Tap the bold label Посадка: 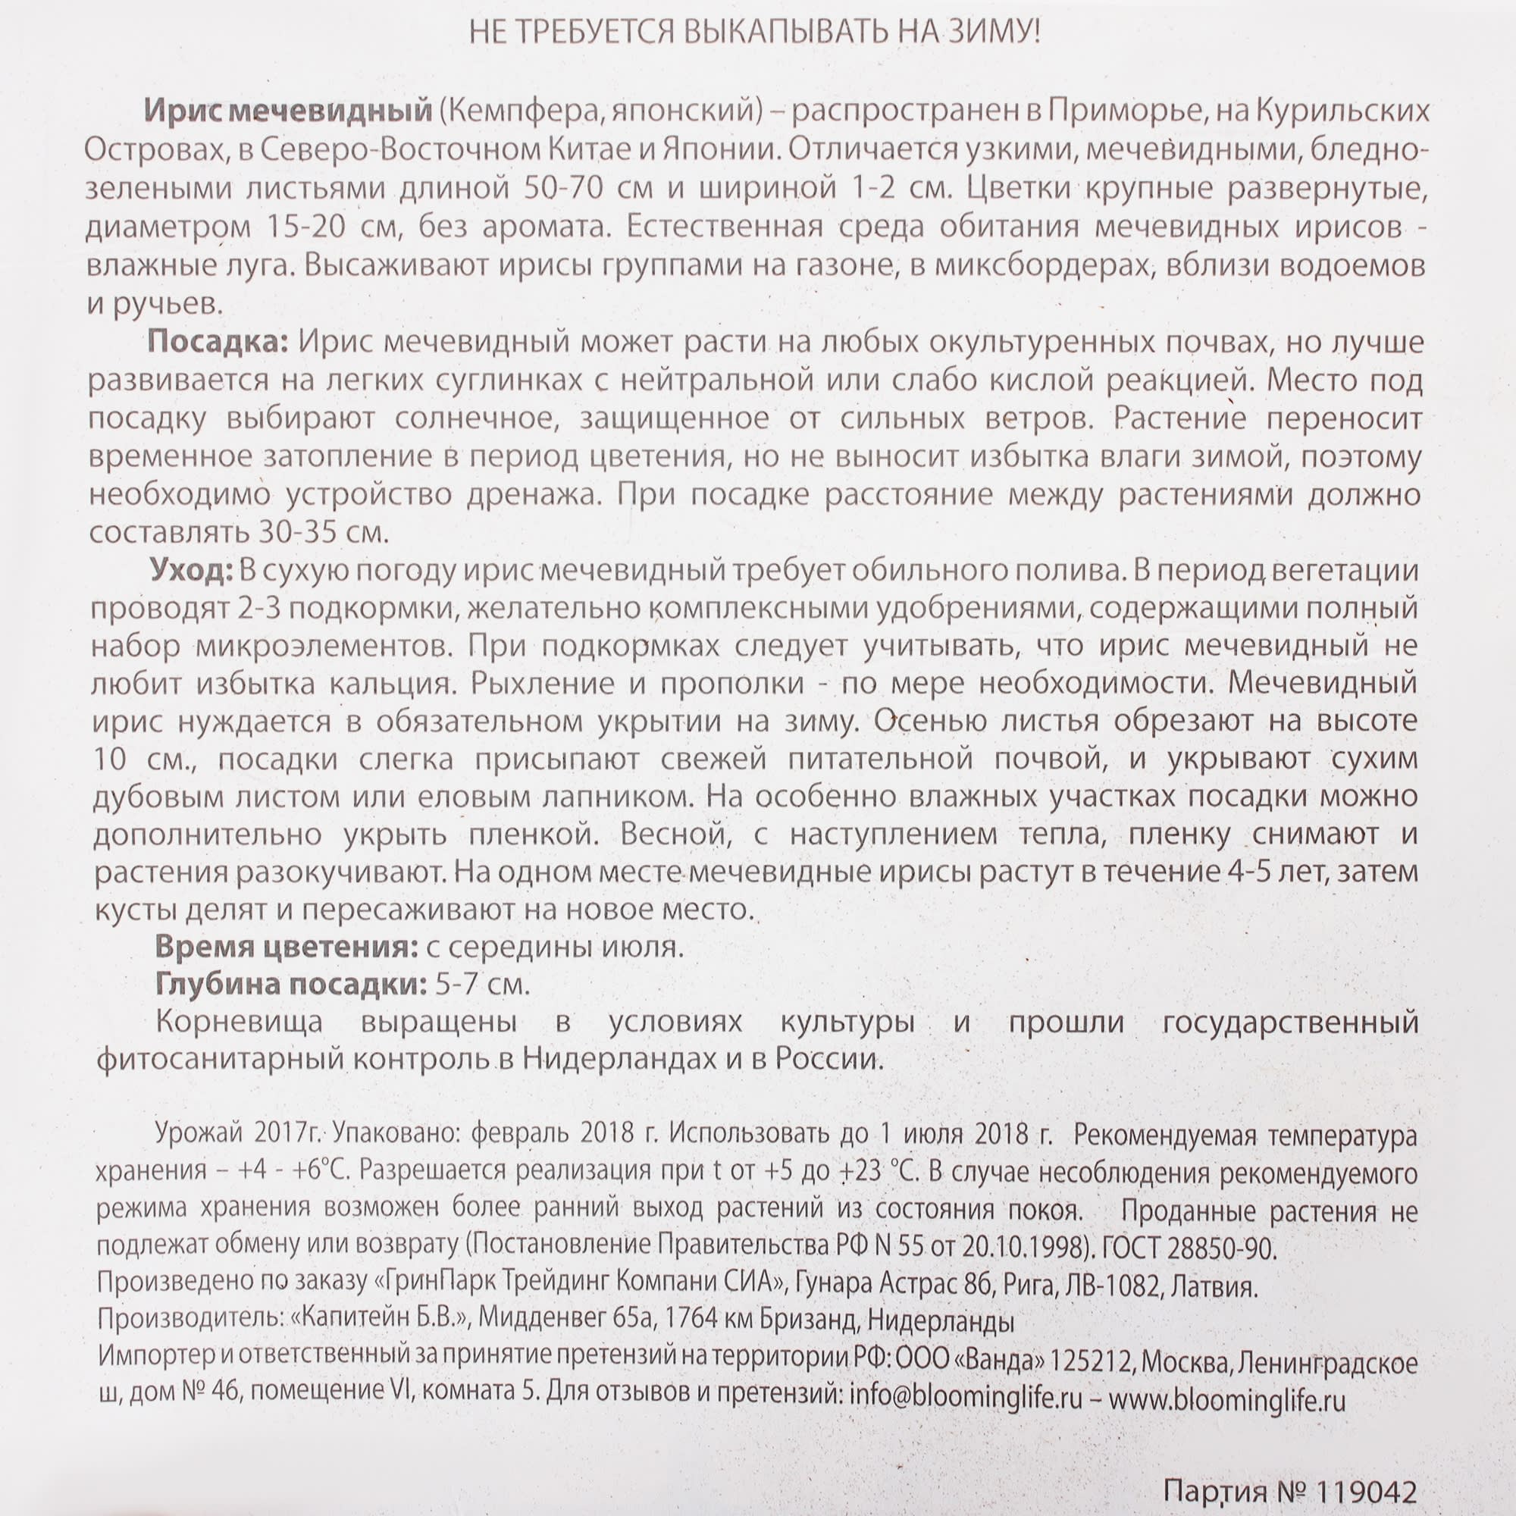[x=218, y=343]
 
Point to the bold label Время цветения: [x=286, y=948]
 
